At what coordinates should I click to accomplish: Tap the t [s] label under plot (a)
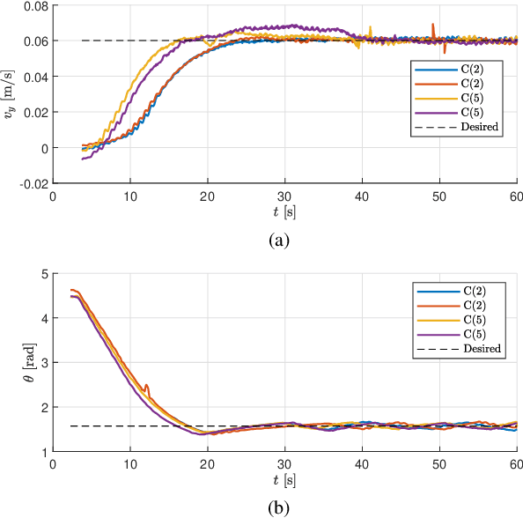(284, 211)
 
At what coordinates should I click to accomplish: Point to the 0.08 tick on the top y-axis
(34, 6)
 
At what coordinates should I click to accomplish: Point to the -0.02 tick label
(33, 183)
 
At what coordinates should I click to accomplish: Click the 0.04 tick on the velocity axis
(34, 77)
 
